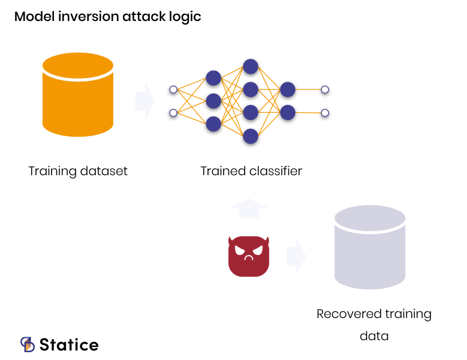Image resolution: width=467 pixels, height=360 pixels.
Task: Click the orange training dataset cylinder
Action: (78, 94)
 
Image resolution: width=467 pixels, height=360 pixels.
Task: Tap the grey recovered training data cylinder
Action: (370, 247)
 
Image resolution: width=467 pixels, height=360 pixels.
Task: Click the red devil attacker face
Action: (249, 256)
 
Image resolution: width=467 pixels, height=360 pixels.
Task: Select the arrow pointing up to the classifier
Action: (249, 208)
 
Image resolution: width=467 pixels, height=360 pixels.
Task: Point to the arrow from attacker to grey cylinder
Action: (296, 256)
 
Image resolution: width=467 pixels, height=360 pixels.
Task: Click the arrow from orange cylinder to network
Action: (145, 101)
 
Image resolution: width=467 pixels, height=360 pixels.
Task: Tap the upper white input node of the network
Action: (173, 89)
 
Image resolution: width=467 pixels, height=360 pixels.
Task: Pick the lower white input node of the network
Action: (173, 113)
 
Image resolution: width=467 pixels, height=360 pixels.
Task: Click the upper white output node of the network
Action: (325, 89)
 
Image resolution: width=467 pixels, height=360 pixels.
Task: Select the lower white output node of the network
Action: (325, 113)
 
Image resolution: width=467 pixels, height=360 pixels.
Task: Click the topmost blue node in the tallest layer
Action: (251, 67)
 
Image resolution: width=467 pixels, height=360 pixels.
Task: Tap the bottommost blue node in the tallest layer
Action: (251, 136)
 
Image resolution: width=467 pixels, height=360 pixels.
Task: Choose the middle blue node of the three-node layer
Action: (213, 101)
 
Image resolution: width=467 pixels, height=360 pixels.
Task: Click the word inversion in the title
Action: (89, 16)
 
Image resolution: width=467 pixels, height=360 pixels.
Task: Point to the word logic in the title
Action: (185, 17)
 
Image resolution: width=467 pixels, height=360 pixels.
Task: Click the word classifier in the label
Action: (276, 171)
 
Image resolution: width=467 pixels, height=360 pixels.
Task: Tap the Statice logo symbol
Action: (28, 344)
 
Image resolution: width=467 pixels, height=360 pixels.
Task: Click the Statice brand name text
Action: (69, 345)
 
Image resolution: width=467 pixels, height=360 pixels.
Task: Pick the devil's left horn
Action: (230, 241)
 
